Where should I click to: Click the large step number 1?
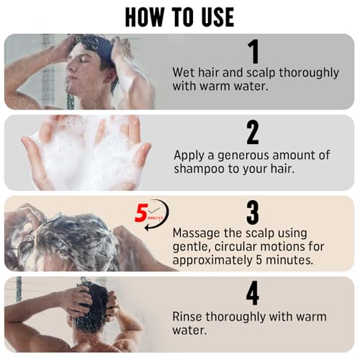253,52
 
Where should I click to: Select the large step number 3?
253,212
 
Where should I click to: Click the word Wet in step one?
184,72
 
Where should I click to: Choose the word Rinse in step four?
189,317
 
